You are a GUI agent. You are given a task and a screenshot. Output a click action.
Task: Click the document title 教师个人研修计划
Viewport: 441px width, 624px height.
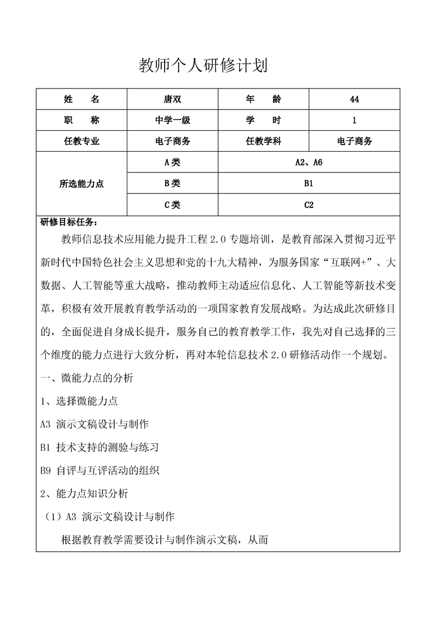(x=203, y=66)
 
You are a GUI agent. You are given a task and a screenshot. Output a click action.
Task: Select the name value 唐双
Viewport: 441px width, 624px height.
(x=173, y=99)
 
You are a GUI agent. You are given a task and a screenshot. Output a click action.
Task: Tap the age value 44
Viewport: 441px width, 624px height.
(x=354, y=99)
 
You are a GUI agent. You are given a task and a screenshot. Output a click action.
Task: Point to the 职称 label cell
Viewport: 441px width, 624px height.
(x=82, y=120)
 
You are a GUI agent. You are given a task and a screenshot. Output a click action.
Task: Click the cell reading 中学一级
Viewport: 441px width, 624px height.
(x=173, y=120)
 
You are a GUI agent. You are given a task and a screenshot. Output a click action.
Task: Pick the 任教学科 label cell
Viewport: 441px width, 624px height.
(x=264, y=141)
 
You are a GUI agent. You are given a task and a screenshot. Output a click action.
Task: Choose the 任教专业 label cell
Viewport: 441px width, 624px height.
(x=82, y=141)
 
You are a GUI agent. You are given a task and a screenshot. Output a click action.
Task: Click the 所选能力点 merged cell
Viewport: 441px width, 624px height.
(x=82, y=184)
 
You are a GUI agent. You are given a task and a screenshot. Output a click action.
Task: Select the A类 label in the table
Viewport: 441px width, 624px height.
(x=173, y=162)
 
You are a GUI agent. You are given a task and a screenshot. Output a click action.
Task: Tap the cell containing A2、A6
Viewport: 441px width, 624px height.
(x=309, y=162)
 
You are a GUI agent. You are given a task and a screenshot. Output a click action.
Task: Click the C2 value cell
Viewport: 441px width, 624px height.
(x=309, y=205)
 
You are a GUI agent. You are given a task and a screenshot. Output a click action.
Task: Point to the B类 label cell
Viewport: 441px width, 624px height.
(x=173, y=183)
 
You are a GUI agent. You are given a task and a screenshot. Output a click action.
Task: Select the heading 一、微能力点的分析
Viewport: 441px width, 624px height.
(x=87, y=378)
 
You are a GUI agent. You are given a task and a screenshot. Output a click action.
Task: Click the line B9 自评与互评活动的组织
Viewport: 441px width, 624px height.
(x=100, y=470)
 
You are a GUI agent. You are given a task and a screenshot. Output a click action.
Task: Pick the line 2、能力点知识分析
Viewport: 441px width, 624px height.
(x=85, y=493)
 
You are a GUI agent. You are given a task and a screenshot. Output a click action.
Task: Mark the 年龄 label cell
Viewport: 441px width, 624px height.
(x=264, y=99)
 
